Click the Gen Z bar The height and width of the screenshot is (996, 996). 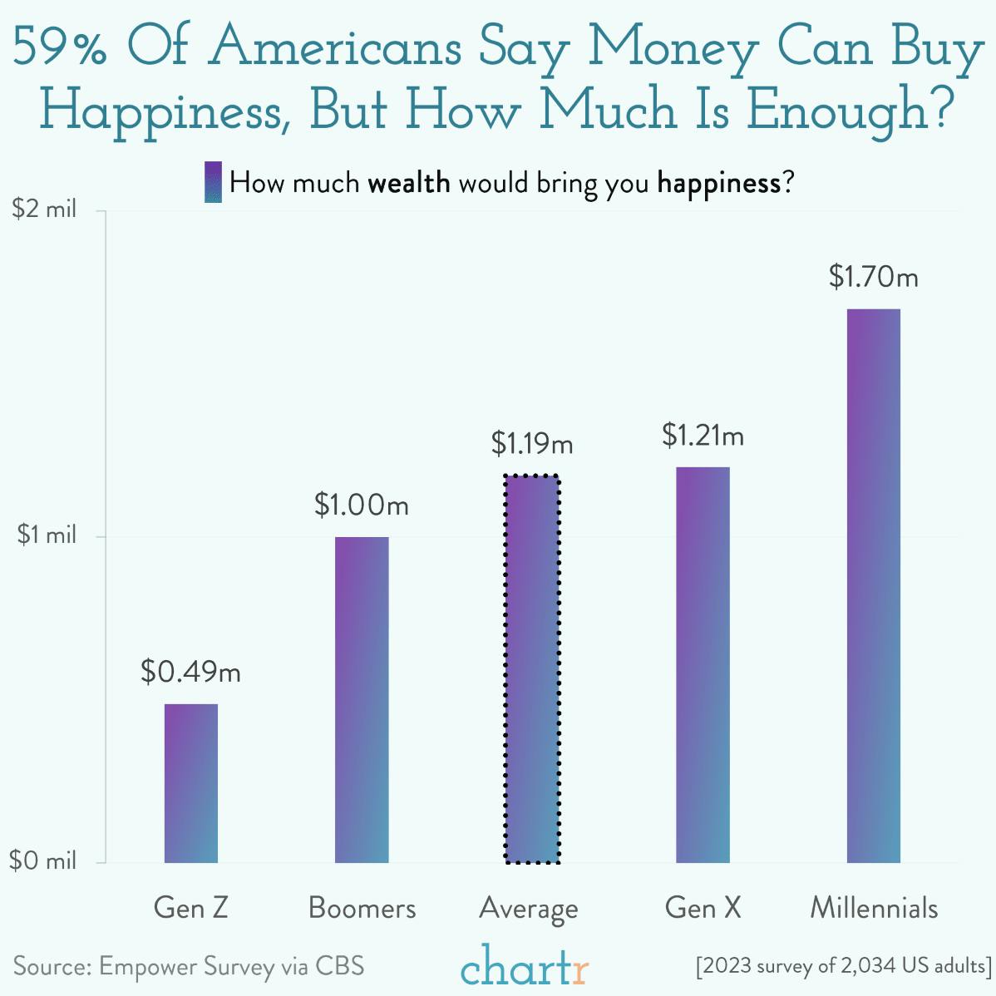click(x=190, y=782)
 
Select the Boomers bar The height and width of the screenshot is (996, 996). click(x=362, y=699)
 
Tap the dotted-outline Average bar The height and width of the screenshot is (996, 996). click(x=532, y=669)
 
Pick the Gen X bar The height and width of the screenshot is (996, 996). click(x=703, y=664)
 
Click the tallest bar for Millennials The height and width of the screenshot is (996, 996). click(x=873, y=585)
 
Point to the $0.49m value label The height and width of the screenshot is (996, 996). click(x=190, y=671)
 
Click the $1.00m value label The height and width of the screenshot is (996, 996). click(x=362, y=505)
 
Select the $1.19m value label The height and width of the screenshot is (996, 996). click(x=532, y=444)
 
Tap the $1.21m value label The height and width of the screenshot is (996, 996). click(x=703, y=435)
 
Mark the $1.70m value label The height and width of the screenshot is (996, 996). click(x=873, y=276)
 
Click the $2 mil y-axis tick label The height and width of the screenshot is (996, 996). click(x=44, y=209)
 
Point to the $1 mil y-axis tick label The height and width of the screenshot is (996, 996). click(x=47, y=535)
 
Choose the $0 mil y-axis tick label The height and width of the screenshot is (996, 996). click(x=43, y=860)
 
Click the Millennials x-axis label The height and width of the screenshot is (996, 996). click(x=874, y=907)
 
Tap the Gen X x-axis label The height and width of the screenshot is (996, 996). click(x=703, y=907)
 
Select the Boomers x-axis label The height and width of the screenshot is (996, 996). click(x=362, y=907)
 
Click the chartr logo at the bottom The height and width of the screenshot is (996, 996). click(x=525, y=967)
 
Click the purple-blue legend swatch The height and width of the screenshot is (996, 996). click(x=213, y=182)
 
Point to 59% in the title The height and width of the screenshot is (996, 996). click(x=60, y=50)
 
